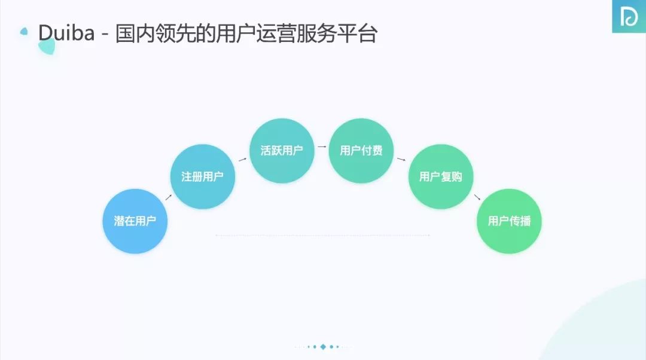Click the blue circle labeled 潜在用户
coord(135,221)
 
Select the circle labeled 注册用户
coord(202,176)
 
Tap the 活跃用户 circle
coord(281,151)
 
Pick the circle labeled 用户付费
coord(361,151)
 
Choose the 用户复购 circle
coord(440,176)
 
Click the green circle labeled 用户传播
coord(509,221)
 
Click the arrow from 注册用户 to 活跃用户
coord(242,159)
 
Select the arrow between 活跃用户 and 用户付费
coord(321,146)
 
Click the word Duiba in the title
coord(66,33)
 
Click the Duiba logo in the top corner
coord(629,17)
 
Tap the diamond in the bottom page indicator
coord(323,346)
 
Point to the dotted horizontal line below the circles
coord(322,236)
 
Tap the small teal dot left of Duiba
coord(24,31)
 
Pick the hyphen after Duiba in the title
coord(105,34)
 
